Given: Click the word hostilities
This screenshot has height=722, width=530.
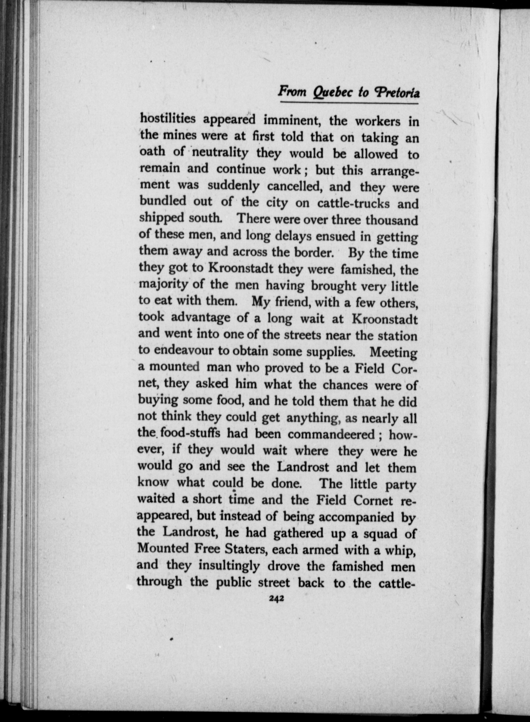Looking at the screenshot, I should [168, 119].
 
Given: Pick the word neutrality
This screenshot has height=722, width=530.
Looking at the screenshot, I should [220, 152].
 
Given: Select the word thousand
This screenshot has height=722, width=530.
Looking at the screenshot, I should [392, 220].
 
